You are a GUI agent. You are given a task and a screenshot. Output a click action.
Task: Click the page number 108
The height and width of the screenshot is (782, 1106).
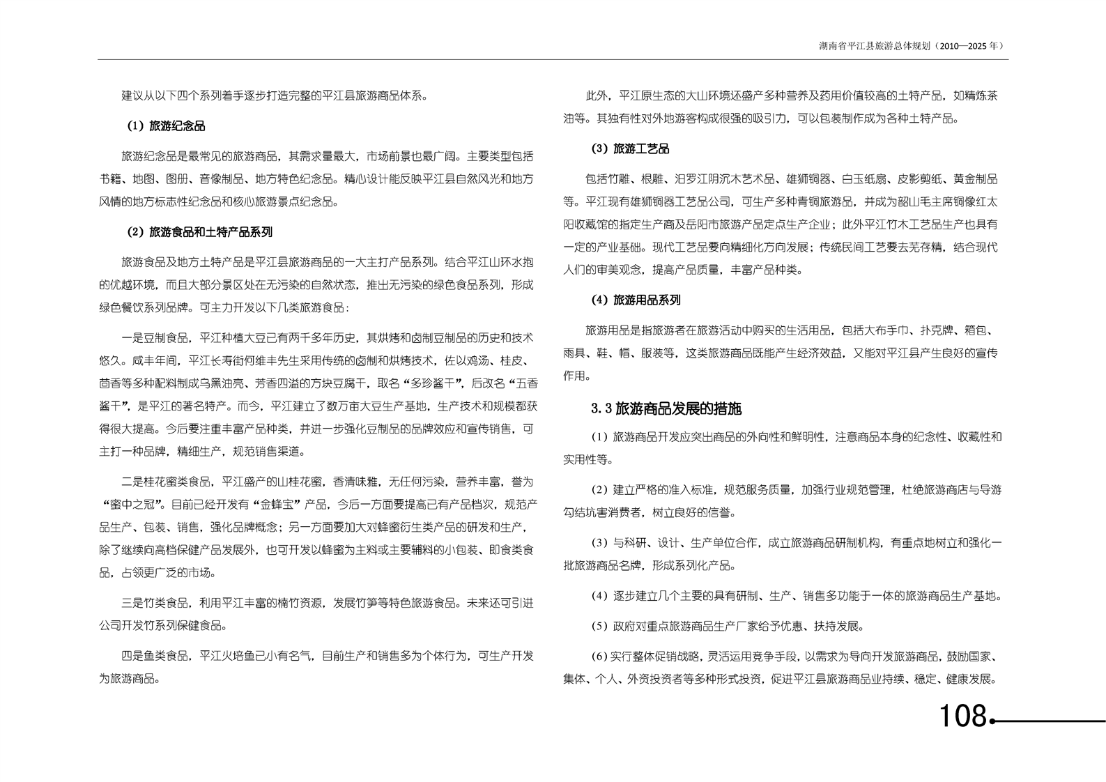962,716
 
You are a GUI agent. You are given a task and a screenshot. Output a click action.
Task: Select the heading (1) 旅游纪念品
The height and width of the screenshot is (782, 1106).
166,126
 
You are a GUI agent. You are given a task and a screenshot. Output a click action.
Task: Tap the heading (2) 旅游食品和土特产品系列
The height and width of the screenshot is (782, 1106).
199,232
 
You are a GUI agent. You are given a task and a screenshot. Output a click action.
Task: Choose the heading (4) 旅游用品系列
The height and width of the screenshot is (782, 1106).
635,300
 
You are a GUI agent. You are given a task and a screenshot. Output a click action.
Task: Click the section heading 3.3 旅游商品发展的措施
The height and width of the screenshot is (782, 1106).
666,408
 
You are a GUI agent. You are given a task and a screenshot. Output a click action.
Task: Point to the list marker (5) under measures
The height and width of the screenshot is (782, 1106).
599,626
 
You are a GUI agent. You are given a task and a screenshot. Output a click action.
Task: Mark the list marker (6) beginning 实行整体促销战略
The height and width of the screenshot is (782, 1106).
599,656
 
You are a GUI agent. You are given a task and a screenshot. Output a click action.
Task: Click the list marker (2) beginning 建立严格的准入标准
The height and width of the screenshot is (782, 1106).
599,490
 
